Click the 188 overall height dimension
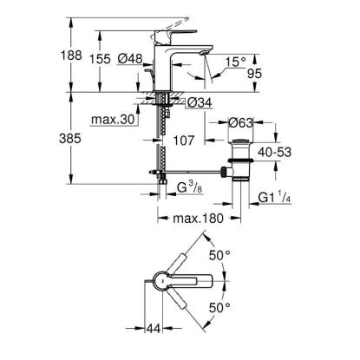71,55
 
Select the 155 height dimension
100,59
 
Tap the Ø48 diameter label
130,59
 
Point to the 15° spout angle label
235,62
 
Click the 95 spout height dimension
254,74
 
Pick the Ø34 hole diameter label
200,102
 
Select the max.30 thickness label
113,119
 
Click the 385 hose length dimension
70,139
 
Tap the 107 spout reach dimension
184,141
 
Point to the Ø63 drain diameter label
240,123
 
